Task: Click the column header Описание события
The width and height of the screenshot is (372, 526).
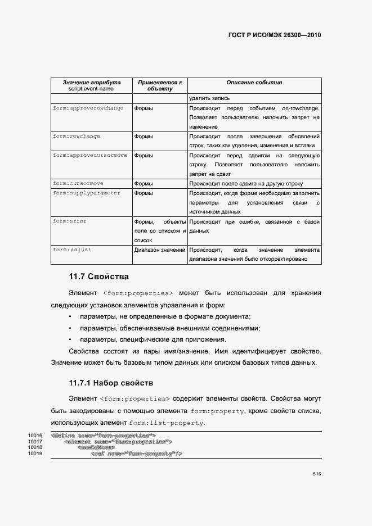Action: pyautogui.click(x=254, y=83)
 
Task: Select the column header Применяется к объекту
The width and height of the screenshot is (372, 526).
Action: pyautogui.click(x=160, y=85)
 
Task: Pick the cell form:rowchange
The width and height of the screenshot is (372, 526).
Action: pyautogui.click(x=77, y=137)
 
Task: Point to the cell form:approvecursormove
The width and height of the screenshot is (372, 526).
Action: pyautogui.click(x=89, y=155)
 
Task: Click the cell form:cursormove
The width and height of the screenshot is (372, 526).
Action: pyautogui.click(x=78, y=184)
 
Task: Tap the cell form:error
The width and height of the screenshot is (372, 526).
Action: pyautogui.click(x=70, y=222)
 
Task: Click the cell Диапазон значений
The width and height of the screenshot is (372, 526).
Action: pyautogui.click(x=160, y=250)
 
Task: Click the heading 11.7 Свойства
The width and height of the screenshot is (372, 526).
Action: pyautogui.click(x=98, y=277)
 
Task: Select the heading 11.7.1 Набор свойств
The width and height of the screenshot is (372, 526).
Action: pyautogui.click(x=111, y=383)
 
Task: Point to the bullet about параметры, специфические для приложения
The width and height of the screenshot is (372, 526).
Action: pyautogui.click(x=153, y=339)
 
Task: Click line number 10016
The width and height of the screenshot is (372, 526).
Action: pyautogui.click(x=35, y=436)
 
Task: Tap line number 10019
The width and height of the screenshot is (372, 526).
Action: pyautogui.click(x=35, y=454)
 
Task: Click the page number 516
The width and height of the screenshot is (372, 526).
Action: pyautogui.click(x=317, y=490)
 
